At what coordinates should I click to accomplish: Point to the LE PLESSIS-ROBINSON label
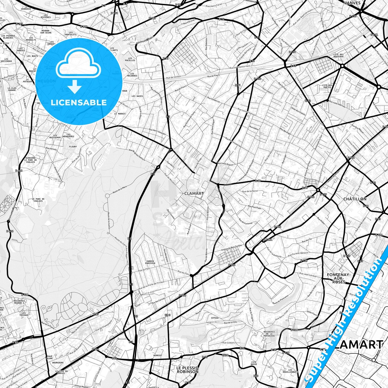[x=187, y=370]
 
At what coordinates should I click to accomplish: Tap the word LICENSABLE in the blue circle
[x=79, y=102]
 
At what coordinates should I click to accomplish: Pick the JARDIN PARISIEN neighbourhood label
[x=150, y=262]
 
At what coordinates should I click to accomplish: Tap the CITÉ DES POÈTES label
[x=327, y=87]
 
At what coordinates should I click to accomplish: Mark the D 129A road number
[x=267, y=240]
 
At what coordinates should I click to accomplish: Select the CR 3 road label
[x=168, y=315]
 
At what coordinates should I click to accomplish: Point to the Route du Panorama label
[x=281, y=299]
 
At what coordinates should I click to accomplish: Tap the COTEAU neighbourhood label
[x=215, y=318]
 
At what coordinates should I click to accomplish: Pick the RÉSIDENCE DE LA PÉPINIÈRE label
[x=269, y=334]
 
